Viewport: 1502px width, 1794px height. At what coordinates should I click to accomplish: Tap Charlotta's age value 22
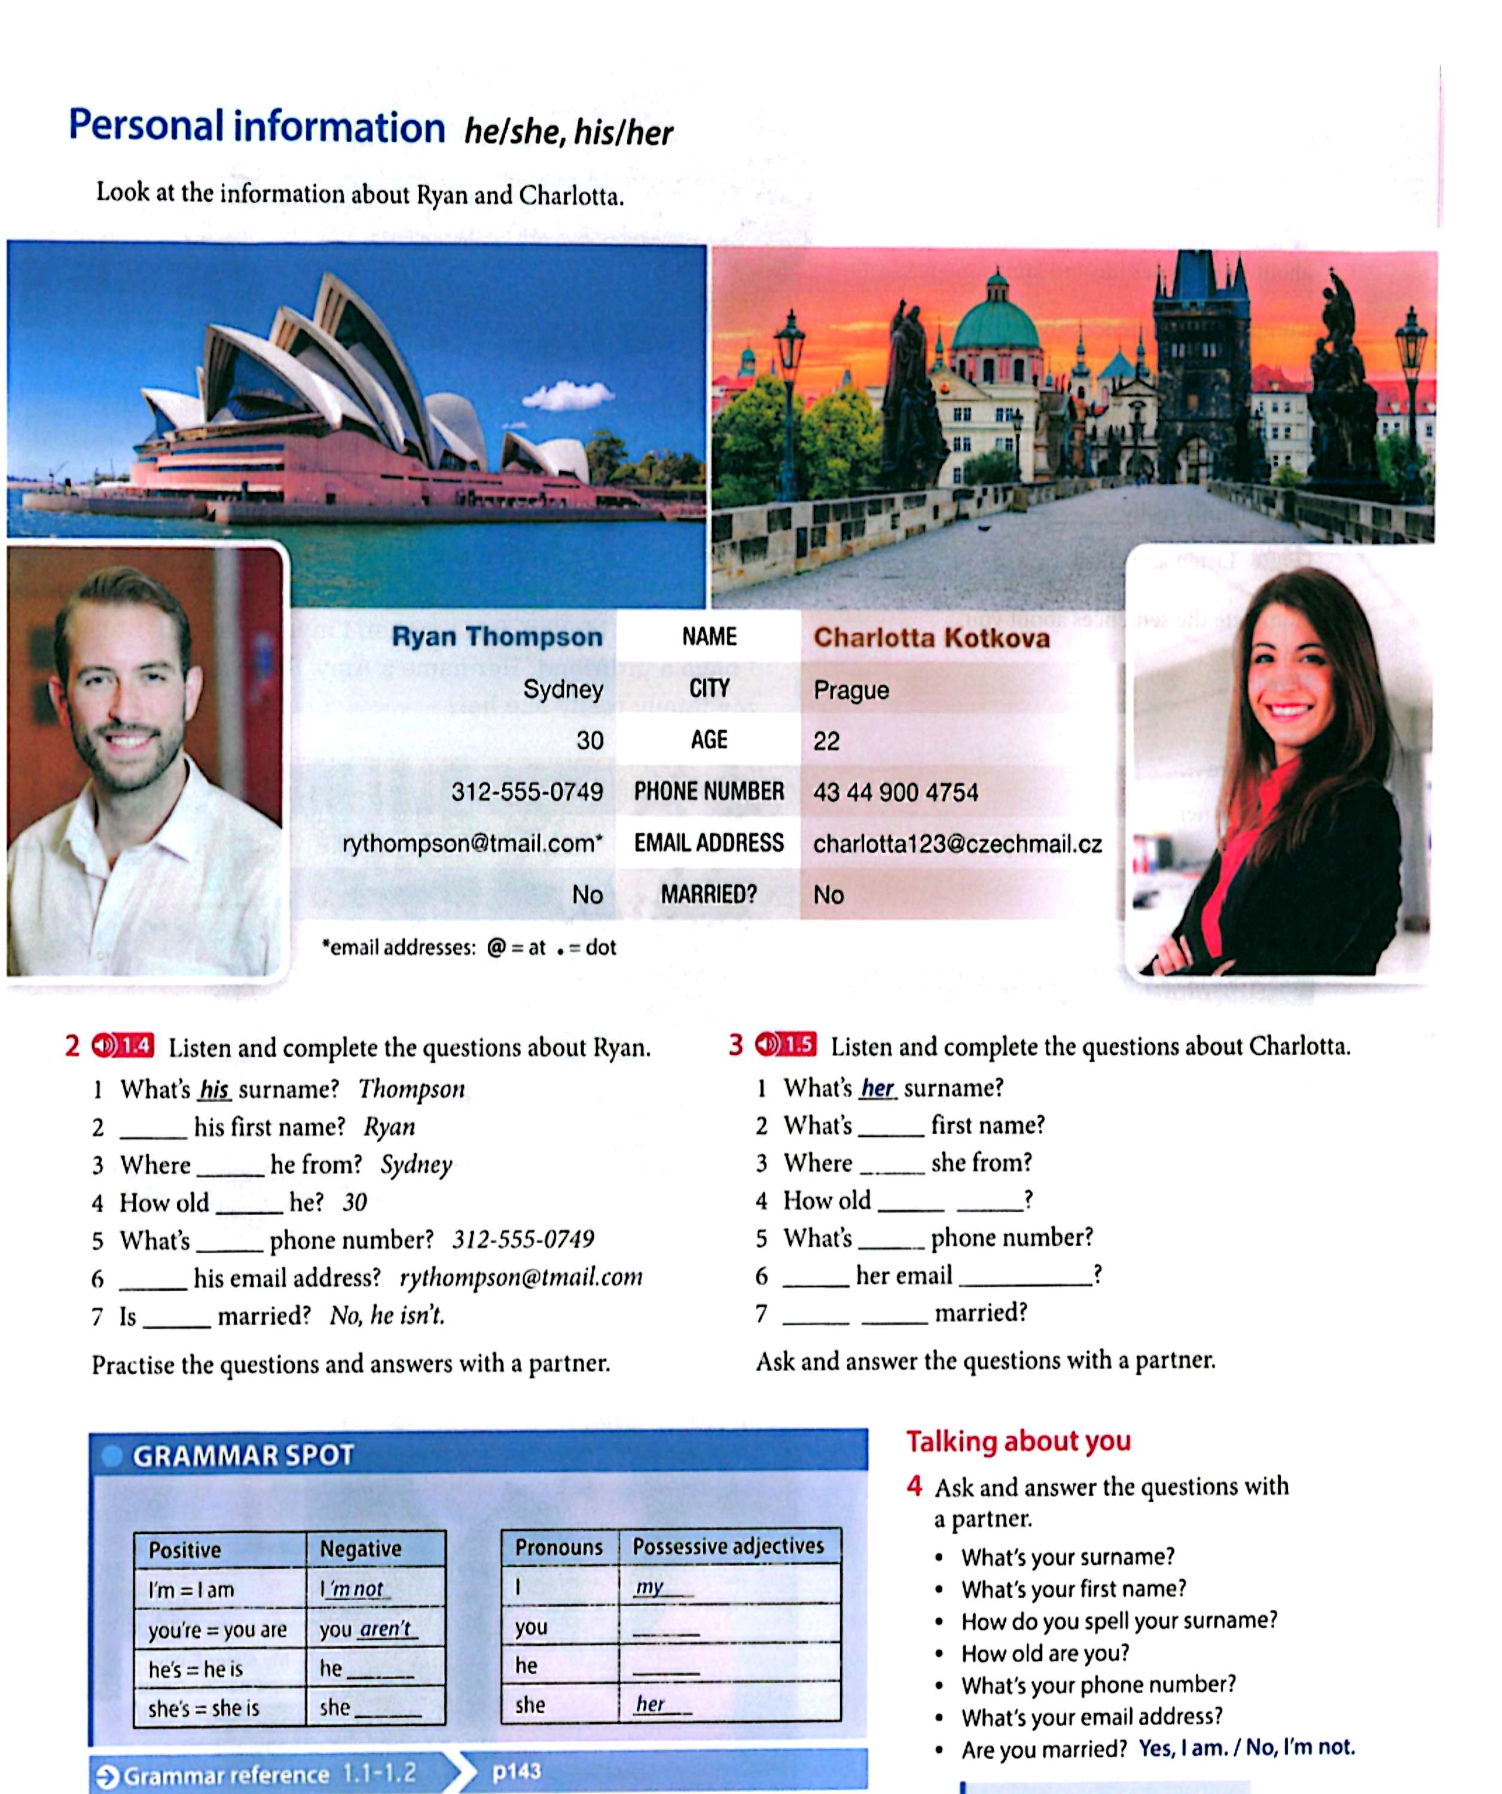[826, 741]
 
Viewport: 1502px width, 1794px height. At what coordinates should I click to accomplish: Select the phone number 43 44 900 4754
[895, 792]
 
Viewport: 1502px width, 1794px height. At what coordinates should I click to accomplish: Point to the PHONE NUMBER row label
[709, 791]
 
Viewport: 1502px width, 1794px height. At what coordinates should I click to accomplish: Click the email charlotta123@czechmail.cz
[957, 844]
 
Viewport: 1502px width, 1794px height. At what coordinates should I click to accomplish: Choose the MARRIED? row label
[709, 895]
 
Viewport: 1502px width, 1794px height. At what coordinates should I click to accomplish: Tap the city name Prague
[851, 690]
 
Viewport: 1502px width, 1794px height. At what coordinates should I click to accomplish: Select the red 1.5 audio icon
[785, 1044]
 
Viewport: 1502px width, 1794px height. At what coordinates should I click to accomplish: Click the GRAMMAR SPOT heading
[243, 1456]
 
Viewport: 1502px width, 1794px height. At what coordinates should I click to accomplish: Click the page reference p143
[516, 1771]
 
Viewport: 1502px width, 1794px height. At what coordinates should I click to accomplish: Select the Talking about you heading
[1018, 1441]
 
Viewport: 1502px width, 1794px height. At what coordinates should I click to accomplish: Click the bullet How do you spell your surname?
[1118, 1621]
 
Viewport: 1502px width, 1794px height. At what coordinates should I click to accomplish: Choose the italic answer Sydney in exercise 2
[416, 1164]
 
